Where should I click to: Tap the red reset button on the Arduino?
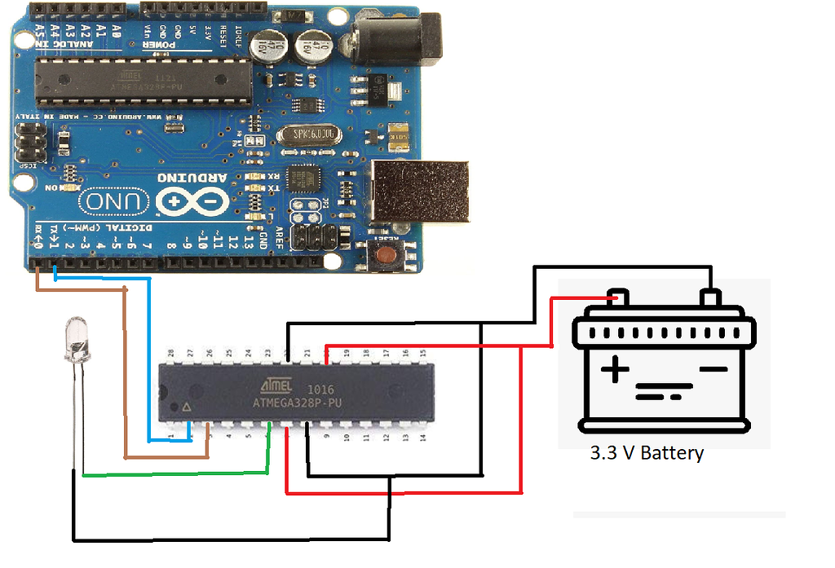point(387,254)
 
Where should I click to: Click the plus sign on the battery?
point(615,372)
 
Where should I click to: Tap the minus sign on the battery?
point(713,369)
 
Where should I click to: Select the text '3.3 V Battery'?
point(647,453)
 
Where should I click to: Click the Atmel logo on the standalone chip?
point(272,385)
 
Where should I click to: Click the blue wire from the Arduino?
point(150,359)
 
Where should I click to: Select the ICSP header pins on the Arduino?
point(30,143)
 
